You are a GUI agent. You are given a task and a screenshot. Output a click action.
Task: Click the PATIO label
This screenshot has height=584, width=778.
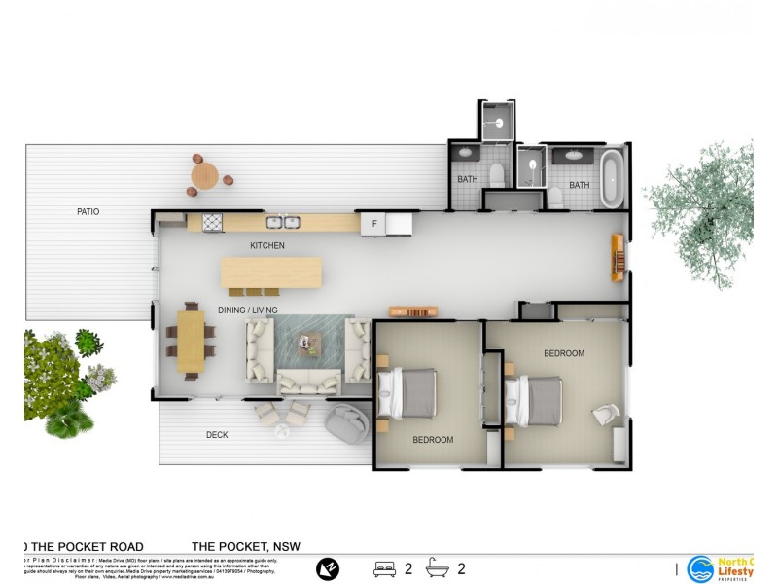point(88,211)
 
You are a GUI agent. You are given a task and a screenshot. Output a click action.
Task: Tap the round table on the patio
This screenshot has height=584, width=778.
point(205,175)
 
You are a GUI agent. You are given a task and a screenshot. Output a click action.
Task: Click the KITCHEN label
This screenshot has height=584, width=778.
point(267,245)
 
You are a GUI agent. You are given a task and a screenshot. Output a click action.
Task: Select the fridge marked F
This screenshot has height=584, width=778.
point(372,224)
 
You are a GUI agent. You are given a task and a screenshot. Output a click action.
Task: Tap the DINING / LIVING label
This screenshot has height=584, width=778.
point(247,310)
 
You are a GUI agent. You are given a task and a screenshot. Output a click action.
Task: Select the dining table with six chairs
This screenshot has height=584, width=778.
point(192,342)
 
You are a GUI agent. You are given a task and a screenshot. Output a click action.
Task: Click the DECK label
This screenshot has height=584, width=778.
point(217,435)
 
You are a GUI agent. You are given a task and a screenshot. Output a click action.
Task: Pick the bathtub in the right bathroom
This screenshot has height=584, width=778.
point(612,177)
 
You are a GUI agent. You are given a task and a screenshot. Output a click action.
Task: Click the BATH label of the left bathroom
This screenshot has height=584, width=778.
point(468,179)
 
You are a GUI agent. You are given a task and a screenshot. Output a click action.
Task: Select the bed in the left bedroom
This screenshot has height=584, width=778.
point(411,395)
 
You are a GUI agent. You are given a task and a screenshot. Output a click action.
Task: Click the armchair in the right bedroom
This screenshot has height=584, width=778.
point(605,415)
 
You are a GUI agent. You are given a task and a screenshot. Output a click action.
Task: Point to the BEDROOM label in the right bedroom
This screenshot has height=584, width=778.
point(564,353)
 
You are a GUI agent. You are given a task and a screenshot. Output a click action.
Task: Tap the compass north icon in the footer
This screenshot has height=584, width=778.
point(329,568)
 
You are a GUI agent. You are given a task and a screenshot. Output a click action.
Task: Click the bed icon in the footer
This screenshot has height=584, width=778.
point(384,568)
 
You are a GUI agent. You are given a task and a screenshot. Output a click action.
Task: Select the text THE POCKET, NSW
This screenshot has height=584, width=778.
point(247,547)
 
